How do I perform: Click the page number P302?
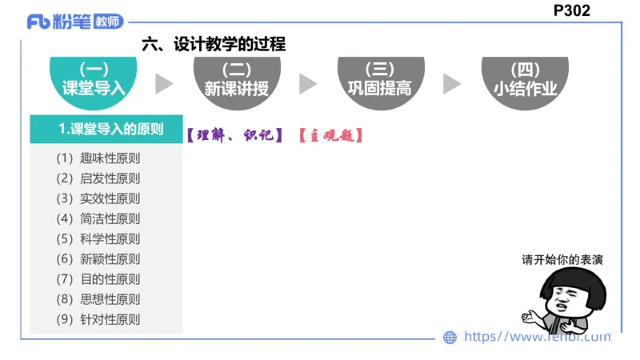pos(571,10)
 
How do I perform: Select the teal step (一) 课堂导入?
pos(94,79)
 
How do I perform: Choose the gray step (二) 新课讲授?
pos(236,79)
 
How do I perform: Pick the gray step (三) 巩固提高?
pos(380,79)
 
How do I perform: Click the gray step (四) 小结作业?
pos(524,79)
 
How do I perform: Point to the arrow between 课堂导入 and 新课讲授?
pos(164,84)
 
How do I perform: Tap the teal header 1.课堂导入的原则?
pos(106,129)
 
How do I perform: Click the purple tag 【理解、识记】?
pos(234,135)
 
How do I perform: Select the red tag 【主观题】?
pos(331,135)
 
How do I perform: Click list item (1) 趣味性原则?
pos(98,158)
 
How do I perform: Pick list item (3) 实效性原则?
pos(98,198)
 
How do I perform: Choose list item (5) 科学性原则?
pos(98,238)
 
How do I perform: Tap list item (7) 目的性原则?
pos(98,279)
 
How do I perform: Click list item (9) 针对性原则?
pos(98,319)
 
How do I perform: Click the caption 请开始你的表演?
pos(562,260)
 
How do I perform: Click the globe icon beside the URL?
pos(450,338)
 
